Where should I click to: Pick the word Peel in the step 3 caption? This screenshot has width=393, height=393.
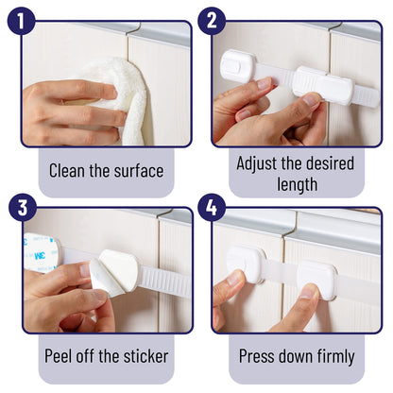tap(63, 357)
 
